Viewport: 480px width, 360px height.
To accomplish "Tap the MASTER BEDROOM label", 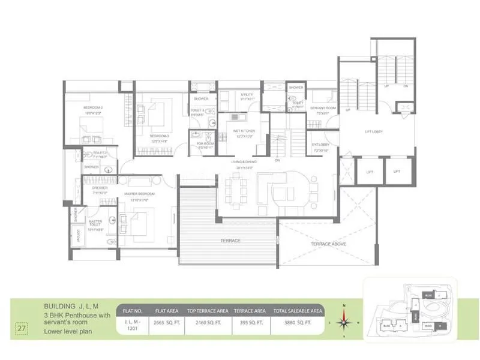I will [139, 194].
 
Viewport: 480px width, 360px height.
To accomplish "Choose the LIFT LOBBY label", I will [373, 131].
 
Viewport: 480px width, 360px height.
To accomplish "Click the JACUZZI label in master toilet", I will [76, 235].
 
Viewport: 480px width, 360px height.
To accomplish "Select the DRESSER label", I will [100, 188].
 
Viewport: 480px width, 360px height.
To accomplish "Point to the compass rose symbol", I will [344, 322].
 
